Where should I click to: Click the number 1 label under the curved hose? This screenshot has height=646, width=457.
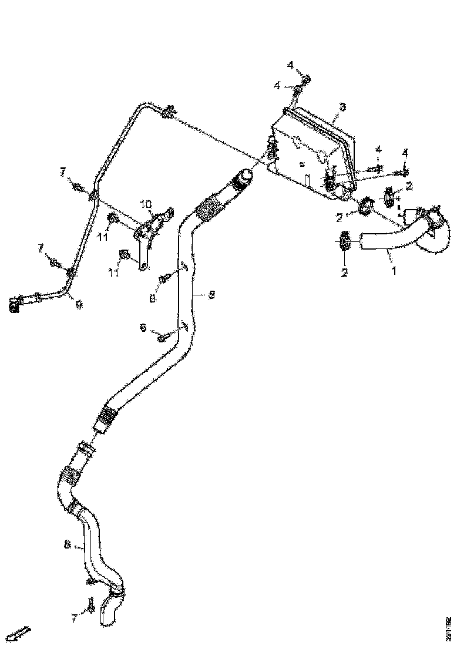[x=394, y=271]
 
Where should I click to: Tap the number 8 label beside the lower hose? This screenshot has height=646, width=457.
[x=68, y=546]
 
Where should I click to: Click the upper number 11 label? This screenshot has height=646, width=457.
[x=103, y=237]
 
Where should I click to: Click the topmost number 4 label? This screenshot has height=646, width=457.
[x=291, y=64]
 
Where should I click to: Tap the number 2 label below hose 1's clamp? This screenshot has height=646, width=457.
[x=345, y=272]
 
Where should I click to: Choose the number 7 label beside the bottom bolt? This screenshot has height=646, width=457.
[x=74, y=618]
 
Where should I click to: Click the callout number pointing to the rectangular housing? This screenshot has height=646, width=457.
[x=343, y=108]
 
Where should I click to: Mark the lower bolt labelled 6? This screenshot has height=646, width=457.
[x=163, y=337]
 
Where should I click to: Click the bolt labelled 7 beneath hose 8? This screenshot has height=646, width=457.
[x=92, y=605]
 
